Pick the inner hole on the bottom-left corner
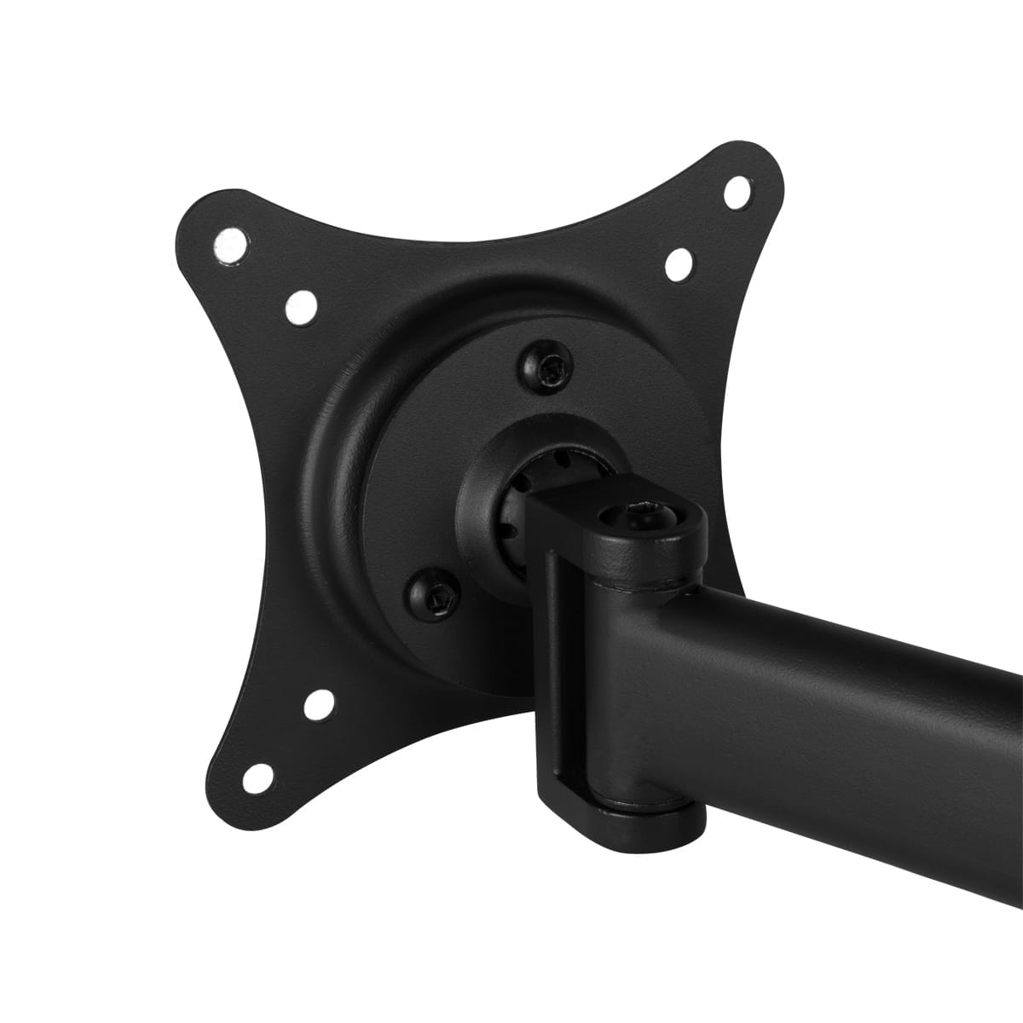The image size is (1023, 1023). pyautogui.click(x=320, y=702)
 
